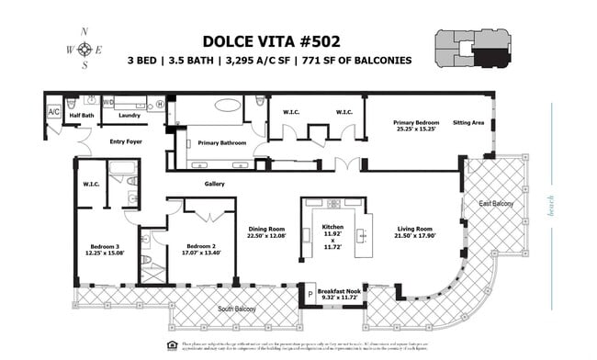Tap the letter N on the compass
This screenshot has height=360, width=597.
coord(84,31)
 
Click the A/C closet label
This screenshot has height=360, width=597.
coord(53,112)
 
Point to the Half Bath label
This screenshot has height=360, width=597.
coord(82,116)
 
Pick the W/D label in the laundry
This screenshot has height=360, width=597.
coord(108,103)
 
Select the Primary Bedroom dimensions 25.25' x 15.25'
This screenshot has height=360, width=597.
coord(416,129)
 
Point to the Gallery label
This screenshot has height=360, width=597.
coord(214,184)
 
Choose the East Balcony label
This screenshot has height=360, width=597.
coord(496,203)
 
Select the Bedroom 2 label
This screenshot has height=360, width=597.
coord(200,246)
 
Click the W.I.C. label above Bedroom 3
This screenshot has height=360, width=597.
coord(90,185)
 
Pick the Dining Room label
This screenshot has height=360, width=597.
coord(267,230)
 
